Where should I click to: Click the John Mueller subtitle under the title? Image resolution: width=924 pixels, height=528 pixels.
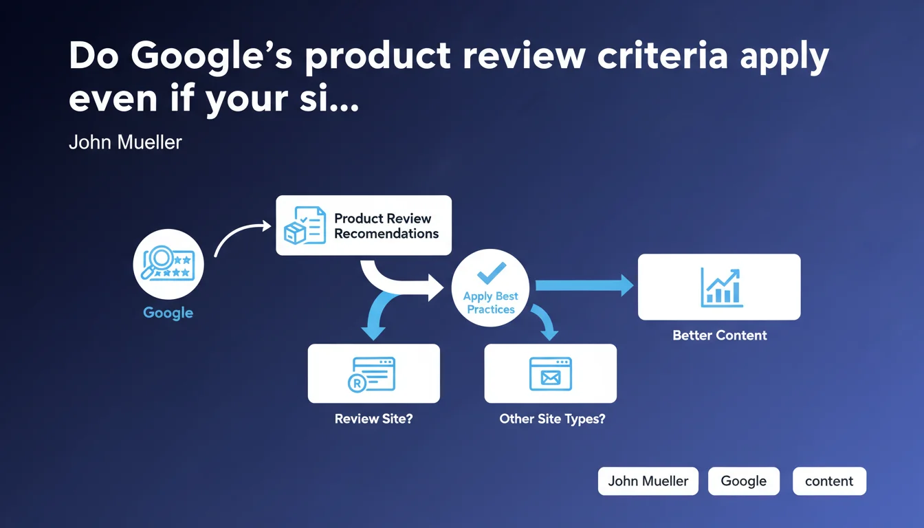point(125,142)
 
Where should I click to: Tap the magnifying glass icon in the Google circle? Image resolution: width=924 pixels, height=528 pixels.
point(156,261)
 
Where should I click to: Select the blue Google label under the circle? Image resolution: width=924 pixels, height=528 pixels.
point(168,313)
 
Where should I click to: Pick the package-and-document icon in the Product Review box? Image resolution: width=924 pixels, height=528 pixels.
point(305,225)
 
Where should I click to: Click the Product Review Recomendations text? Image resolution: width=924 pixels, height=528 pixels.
point(386,225)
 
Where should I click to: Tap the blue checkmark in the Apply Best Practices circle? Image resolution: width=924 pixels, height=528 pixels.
point(491,273)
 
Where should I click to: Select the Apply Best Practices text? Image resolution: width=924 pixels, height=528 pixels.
point(490,302)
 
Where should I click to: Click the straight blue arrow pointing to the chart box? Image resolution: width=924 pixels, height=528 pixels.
point(584,285)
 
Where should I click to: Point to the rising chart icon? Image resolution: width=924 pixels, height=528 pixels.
point(721,288)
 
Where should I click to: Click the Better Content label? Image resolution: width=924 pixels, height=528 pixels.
point(719,335)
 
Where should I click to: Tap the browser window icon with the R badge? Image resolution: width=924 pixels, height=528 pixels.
point(372,375)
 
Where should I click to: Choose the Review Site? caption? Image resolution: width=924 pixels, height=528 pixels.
point(374,419)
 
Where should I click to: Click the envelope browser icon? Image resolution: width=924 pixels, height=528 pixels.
point(551,374)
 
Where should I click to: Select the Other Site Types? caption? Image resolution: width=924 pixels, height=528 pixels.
point(552,419)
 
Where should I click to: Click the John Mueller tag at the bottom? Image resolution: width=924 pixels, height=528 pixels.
point(648,481)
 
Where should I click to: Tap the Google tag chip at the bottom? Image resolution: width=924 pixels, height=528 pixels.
point(744,481)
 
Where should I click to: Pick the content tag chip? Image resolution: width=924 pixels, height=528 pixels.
point(829,481)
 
